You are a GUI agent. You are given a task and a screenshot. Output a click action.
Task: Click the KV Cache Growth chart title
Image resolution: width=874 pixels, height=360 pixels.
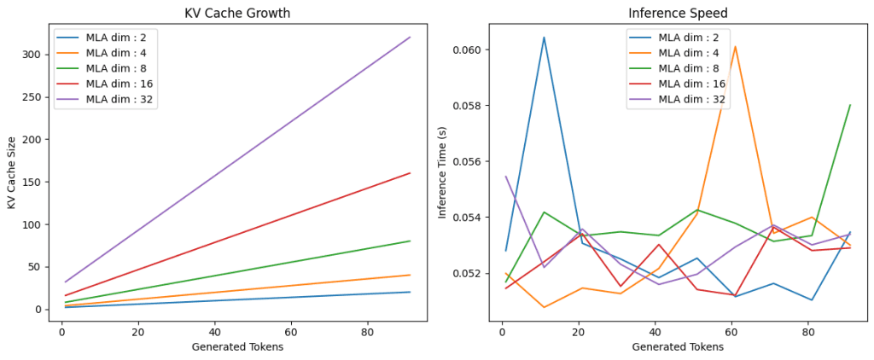pos(237,13)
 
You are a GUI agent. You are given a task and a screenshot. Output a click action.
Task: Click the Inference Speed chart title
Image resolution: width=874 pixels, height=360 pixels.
pos(678,13)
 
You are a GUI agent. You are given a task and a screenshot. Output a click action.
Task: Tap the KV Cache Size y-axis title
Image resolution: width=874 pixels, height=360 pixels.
pos(11,172)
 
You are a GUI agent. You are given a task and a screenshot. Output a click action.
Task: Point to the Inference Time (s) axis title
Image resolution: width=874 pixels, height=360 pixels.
pos(443,173)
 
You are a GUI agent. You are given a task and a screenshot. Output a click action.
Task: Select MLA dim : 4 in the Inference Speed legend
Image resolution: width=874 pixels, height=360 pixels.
pos(689,53)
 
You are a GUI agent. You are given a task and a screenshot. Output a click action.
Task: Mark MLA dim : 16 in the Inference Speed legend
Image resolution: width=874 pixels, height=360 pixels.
pos(691,84)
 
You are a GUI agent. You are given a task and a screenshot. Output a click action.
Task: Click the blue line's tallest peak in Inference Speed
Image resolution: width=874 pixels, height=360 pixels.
pos(544,38)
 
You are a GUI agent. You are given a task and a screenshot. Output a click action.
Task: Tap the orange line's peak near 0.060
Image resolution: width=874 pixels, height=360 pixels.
pos(735,46)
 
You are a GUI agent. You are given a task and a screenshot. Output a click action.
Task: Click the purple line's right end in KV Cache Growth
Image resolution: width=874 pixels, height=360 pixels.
pos(411,37)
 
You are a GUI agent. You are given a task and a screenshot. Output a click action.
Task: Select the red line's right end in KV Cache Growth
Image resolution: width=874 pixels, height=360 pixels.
pos(411,173)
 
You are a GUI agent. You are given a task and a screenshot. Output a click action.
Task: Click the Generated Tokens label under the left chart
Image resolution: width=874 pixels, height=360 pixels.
pos(237,347)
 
